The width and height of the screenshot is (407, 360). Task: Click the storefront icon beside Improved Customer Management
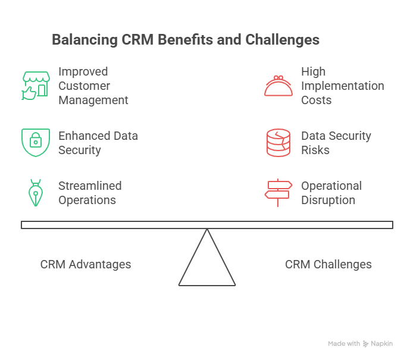[35, 85]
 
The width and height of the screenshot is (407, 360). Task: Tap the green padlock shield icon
[35, 142]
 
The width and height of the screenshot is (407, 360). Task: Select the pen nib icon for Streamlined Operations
[35, 192]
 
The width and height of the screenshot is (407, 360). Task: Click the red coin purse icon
[278, 85]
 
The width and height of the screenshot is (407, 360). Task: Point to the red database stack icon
[278, 143]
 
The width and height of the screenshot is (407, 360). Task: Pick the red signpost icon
[278, 192]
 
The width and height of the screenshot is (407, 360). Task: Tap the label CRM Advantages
[86, 264]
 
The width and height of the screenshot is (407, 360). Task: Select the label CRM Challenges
[328, 264]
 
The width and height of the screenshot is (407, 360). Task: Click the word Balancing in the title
[84, 40]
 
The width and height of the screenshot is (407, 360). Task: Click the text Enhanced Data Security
[98, 143]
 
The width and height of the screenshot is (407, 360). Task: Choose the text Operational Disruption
[331, 193]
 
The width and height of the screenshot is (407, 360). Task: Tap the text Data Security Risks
[336, 143]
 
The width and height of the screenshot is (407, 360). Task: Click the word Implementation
[343, 86]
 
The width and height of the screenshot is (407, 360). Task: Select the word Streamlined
[90, 186]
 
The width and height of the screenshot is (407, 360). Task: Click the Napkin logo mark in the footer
[366, 344]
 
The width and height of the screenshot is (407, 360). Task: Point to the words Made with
[344, 344]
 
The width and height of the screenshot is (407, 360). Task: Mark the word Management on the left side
[93, 100]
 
